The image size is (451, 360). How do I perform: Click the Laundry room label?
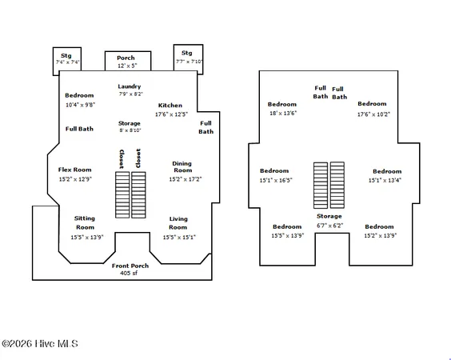[130, 86]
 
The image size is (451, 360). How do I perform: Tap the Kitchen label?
[170, 106]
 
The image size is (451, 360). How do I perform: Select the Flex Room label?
[75, 170]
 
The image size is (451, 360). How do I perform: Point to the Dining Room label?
[182, 167]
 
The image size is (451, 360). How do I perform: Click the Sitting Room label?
[85, 222]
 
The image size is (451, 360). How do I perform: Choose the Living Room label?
[178, 223]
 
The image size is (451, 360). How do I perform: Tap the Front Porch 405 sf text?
[130, 269]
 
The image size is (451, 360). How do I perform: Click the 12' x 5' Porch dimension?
[127, 66]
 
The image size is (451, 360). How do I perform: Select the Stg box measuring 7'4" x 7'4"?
[67, 62]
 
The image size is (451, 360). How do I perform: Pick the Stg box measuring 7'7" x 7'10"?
[188, 59]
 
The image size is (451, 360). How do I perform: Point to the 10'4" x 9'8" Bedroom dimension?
[80, 105]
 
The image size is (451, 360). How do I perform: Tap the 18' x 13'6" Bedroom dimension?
[283, 113]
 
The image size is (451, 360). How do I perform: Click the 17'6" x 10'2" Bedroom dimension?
[373, 114]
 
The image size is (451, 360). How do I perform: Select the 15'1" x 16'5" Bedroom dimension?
[276, 180]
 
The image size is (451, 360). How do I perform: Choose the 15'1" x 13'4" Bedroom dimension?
[385, 180]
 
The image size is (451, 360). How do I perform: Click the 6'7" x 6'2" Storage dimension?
[330, 226]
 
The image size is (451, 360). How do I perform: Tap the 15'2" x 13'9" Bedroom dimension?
[381, 236]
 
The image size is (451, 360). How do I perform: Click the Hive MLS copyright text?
[40, 343]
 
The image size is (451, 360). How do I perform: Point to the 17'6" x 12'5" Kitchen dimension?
[171, 114]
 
